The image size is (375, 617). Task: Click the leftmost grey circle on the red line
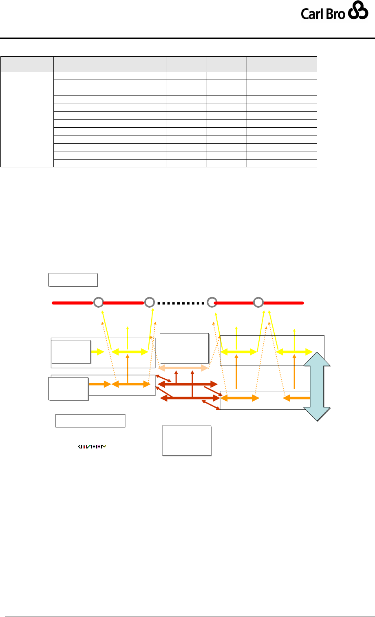(x=98, y=302)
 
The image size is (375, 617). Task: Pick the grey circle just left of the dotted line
(x=150, y=302)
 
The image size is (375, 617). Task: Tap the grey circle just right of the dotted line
(x=211, y=302)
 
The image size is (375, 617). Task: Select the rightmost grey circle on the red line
(x=258, y=302)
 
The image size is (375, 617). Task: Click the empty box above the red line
(x=73, y=280)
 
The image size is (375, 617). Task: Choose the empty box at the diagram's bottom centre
(x=187, y=440)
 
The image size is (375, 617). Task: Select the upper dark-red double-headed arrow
(x=188, y=384)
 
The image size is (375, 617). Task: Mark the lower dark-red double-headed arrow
(x=190, y=397)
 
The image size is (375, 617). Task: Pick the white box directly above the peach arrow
(x=185, y=348)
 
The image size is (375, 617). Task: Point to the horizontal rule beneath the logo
(x=187, y=38)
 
